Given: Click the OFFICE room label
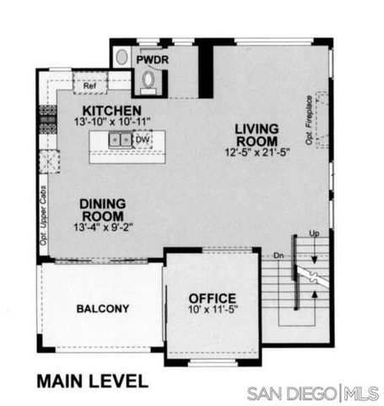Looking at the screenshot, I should (x=212, y=299).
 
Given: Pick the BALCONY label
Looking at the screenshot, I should (x=102, y=309).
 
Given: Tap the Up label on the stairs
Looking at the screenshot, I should (x=314, y=233).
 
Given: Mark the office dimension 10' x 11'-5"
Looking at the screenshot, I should (x=212, y=310).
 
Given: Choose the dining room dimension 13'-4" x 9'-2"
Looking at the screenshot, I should (x=103, y=227).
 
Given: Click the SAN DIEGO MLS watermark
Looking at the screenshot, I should (x=311, y=393).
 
